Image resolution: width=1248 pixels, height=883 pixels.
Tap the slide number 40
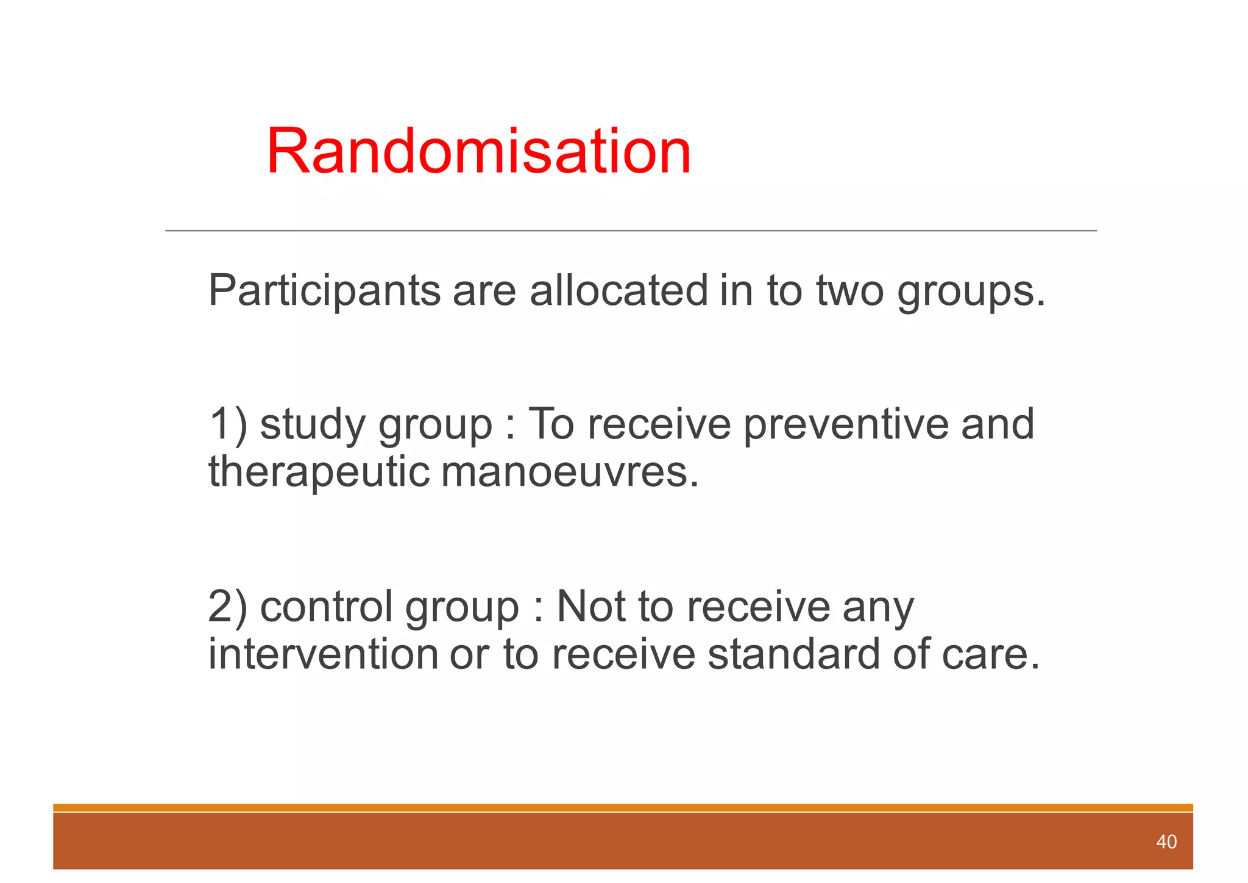click(x=1166, y=842)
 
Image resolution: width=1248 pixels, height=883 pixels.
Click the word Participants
click(x=324, y=291)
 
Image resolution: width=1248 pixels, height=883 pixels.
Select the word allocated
click(x=618, y=290)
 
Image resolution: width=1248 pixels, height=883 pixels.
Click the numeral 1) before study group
click(x=227, y=424)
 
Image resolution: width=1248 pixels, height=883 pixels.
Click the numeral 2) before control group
click(x=227, y=607)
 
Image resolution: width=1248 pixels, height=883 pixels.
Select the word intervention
click(x=323, y=654)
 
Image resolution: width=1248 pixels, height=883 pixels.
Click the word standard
click(x=793, y=654)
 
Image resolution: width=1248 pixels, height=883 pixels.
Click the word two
click(x=849, y=291)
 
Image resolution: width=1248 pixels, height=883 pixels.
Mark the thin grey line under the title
click(x=631, y=231)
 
